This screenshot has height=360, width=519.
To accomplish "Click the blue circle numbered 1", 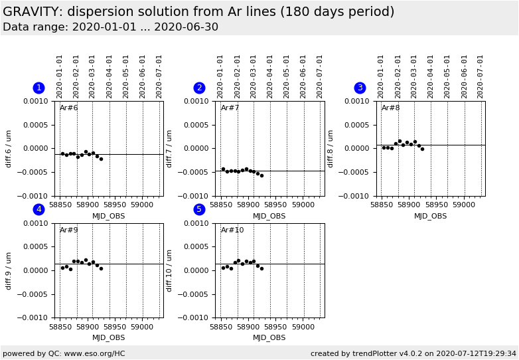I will click(x=38, y=88).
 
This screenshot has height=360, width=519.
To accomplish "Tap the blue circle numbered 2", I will click(x=199, y=88).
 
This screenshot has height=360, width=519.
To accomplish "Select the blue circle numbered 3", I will click(x=360, y=88).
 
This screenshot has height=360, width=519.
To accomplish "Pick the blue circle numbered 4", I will click(x=38, y=209).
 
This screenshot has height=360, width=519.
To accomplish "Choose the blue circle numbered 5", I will click(x=199, y=209).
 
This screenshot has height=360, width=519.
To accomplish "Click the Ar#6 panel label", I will click(x=68, y=108).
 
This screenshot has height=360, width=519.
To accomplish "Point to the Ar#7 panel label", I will click(x=230, y=108).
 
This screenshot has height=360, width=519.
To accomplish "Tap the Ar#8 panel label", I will click(x=390, y=108).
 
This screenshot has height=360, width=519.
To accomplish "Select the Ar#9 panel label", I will click(x=68, y=230).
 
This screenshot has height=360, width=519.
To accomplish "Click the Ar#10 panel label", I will click(x=232, y=230).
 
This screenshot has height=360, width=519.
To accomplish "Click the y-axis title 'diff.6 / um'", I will click(x=9, y=148).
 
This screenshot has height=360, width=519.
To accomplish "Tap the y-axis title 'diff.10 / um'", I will click(x=170, y=270).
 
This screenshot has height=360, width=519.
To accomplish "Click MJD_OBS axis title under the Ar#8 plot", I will click(x=430, y=216).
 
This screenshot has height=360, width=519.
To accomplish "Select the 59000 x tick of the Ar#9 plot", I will click(x=142, y=327).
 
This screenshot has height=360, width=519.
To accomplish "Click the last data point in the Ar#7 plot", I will click(x=261, y=175).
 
